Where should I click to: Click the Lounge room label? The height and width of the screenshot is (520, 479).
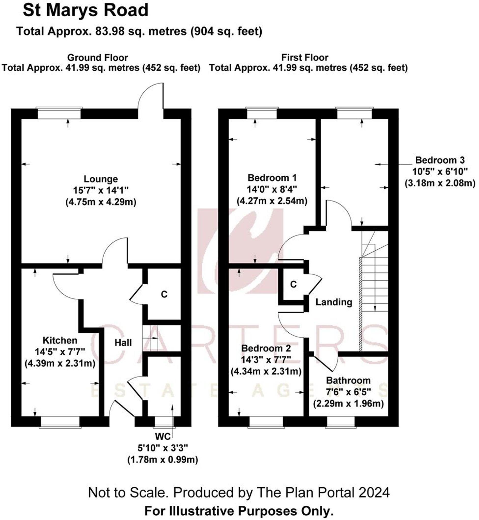tap(101, 179)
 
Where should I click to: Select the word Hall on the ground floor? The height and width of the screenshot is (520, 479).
tap(123, 343)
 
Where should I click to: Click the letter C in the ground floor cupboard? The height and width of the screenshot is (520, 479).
tap(164, 294)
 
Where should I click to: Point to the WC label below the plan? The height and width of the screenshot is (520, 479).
tap(163, 437)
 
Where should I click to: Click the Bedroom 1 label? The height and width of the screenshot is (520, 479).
tap(272, 178)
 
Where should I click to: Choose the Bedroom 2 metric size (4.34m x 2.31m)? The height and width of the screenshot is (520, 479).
tap(266, 371)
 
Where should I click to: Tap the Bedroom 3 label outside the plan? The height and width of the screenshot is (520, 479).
tap(440, 160)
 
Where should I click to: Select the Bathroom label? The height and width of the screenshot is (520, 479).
tap(348, 380)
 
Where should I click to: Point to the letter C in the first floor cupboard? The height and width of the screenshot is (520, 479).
tap(293, 284)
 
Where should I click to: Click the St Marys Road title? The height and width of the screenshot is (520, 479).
tap(86, 11)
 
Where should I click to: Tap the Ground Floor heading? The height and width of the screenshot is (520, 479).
tap(97, 57)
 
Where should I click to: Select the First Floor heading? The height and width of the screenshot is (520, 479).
tap(305, 57)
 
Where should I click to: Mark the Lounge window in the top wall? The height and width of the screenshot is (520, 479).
tap(59, 113)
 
